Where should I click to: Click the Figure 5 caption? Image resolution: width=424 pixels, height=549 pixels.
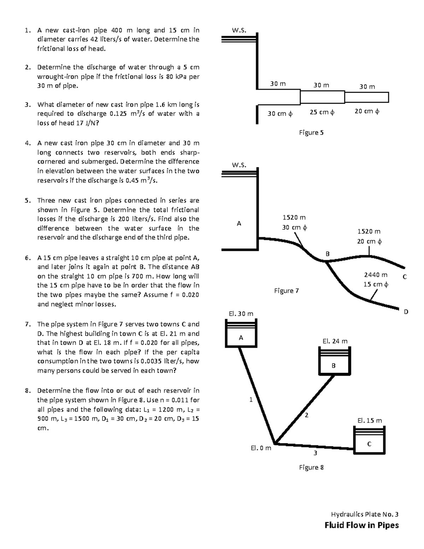[x=311, y=133]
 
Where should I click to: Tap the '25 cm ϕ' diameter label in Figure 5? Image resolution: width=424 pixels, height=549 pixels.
[x=322, y=112]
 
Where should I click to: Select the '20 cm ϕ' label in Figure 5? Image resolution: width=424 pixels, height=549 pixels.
[x=367, y=112]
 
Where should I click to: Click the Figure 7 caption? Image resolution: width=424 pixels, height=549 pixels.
[x=287, y=291]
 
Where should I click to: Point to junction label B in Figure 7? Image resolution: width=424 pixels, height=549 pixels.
[x=328, y=254]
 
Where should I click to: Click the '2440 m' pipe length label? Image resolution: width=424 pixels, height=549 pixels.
[x=376, y=275]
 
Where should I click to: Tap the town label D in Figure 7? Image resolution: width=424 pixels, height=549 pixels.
[x=406, y=312]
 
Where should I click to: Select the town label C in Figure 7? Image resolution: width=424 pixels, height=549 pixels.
[x=405, y=277]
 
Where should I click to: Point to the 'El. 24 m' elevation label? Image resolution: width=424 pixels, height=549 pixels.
[x=335, y=341]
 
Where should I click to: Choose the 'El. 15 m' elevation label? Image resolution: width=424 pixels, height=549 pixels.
[x=370, y=421]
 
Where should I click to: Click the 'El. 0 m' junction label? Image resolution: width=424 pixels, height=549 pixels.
[x=261, y=448]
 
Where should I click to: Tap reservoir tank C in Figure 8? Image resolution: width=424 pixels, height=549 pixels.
[x=369, y=440]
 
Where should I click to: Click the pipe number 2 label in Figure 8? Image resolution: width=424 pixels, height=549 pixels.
[x=307, y=415]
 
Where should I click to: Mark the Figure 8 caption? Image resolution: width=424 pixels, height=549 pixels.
[x=311, y=467]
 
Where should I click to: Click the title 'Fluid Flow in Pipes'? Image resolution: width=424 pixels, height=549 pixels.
[x=361, y=525]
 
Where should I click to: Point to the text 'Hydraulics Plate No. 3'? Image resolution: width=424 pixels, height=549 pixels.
[x=365, y=514]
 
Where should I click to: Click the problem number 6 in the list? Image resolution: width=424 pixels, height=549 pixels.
[x=27, y=258]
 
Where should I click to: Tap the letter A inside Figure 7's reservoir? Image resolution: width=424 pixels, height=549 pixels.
[x=239, y=223]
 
